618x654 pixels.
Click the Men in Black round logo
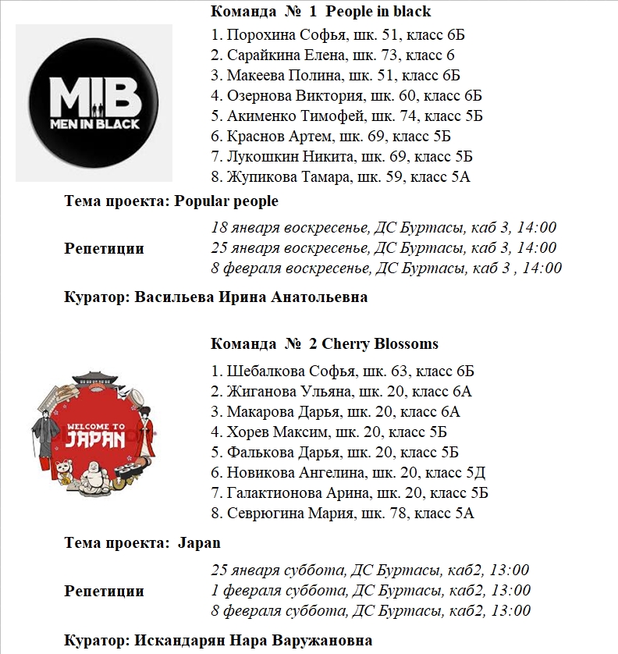coord(94,102)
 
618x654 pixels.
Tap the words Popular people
coord(226,201)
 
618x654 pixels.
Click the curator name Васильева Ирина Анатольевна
coord(250,297)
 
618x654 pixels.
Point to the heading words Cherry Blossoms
coord(380,343)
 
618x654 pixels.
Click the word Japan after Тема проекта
coord(200,542)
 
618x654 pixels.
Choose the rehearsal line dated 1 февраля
coord(371,590)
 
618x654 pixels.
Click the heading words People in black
coord(378,12)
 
